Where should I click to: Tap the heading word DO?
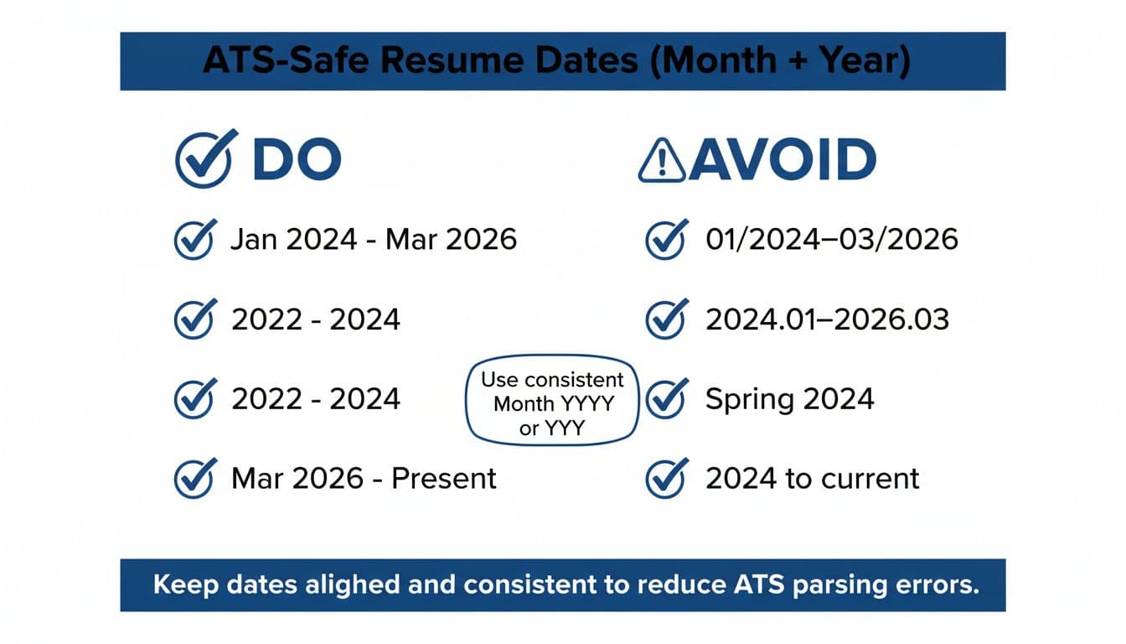coord(297,159)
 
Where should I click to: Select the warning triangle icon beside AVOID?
coord(661,161)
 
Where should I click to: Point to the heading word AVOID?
coord(782,160)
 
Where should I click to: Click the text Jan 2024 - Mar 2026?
coord(374,240)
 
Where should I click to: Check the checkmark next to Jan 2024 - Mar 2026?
coord(194,240)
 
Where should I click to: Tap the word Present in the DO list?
coord(444,479)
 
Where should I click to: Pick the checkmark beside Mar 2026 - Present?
coord(194,479)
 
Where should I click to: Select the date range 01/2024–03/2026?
coord(831,240)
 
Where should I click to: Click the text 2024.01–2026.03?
coord(827,319)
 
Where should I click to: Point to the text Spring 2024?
coord(789,399)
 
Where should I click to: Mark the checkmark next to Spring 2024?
coord(667,399)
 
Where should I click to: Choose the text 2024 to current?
coord(812,479)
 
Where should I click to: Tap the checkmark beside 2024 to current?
coord(667,479)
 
